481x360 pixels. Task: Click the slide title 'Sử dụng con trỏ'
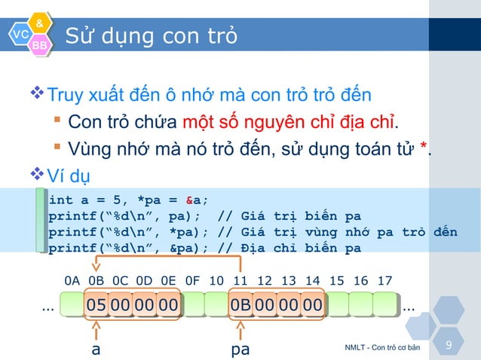click(151, 35)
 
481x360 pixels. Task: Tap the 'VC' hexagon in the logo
click(20, 34)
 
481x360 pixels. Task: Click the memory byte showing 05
click(96, 305)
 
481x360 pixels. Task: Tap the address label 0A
click(72, 281)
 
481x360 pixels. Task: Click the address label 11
click(240, 281)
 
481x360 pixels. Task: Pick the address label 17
click(384, 281)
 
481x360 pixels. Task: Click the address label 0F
click(192, 281)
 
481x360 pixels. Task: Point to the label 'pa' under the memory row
click(240, 349)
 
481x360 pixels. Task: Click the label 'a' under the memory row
click(96, 349)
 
